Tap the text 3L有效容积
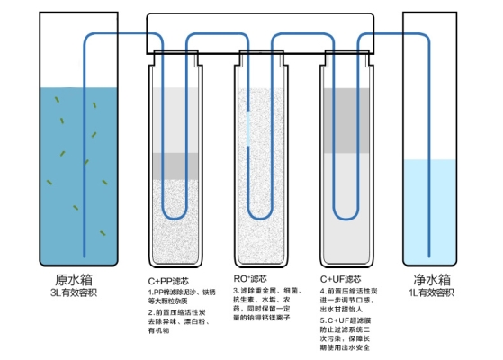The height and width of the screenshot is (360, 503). pyautogui.click(x=74, y=293)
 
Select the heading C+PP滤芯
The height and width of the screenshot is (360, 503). pyautogui.click(x=169, y=279)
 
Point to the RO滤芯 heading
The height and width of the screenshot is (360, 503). pyautogui.click(x=252, y=278)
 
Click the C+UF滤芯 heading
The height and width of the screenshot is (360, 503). pyautogui.click(x=340, y=279)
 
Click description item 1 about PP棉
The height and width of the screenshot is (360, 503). pyautogui.click(x=182, y=296)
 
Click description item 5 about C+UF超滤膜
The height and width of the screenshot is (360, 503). pyautogui.click(x=356, y=331)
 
